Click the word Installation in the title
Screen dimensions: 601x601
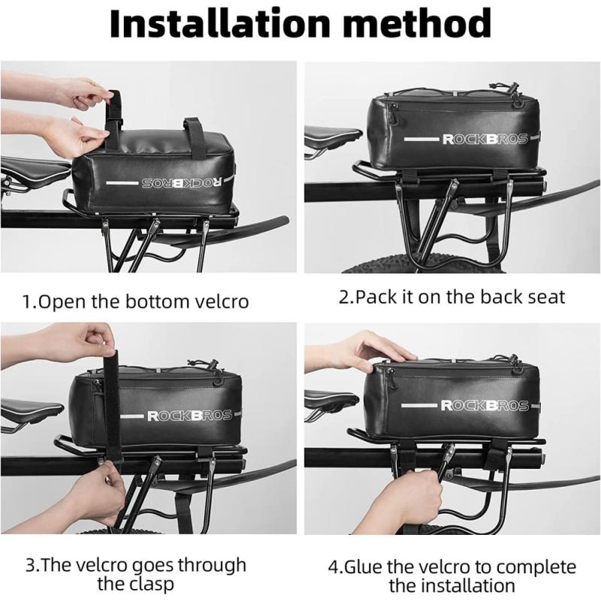click(x=220, y=23)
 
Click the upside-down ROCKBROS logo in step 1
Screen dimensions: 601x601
click(x=182, y=183)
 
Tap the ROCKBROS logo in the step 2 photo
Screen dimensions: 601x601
click(x=485, y=139)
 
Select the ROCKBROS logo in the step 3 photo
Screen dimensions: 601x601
click(x=190, y=415)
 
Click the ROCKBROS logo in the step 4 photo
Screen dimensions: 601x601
click(x=485, y=405)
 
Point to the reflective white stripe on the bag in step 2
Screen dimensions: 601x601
click(x=421, y=139)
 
